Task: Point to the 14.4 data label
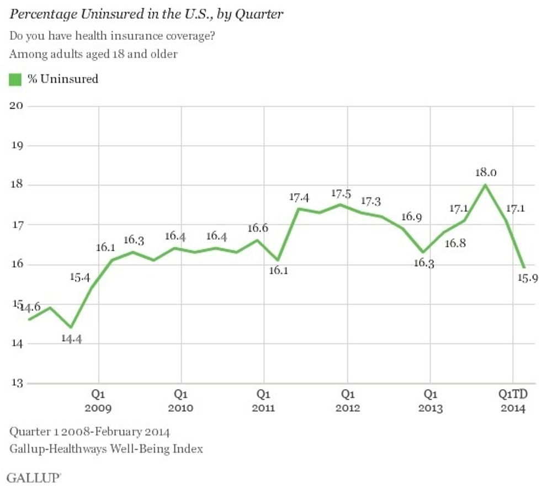pyautogui.click(x=71, y=339)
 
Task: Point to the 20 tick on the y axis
pyautogui.click(x=17, y=106)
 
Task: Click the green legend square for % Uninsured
pyautogui.click(x=15, y=79)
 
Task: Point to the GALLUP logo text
pyautogui.click(x=34, y=477)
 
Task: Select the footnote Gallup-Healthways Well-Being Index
pyautogui.click(x=106, y=448)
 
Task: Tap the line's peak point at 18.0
pyautogui.click(x=485, y=185)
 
